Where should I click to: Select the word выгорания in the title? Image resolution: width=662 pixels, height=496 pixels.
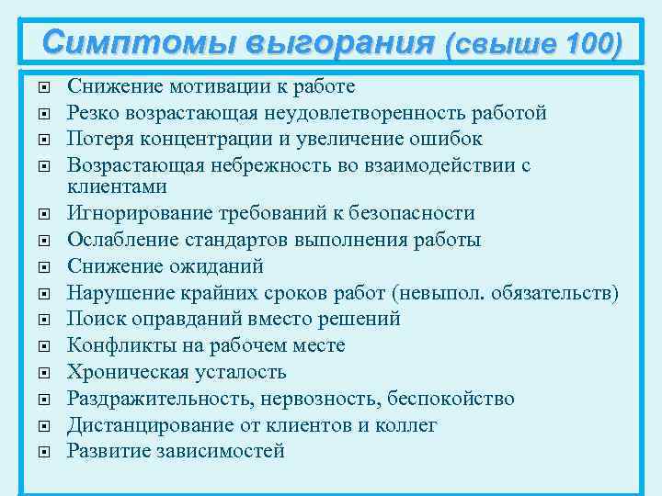click(x=327, y=42)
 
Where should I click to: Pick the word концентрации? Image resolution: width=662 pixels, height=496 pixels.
click(x=206, y=139)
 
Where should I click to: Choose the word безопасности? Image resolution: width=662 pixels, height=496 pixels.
click(x=413, y=213)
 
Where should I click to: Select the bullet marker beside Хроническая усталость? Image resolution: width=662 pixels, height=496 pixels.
click(x=45, y=373)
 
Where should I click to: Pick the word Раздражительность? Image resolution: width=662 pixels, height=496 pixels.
click(x=162, y=399)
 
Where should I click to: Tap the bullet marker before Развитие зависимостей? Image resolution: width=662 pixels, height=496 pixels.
click(x=45, y=452)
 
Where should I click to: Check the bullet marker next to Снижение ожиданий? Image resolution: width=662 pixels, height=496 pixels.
click(x=45, y=267)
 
